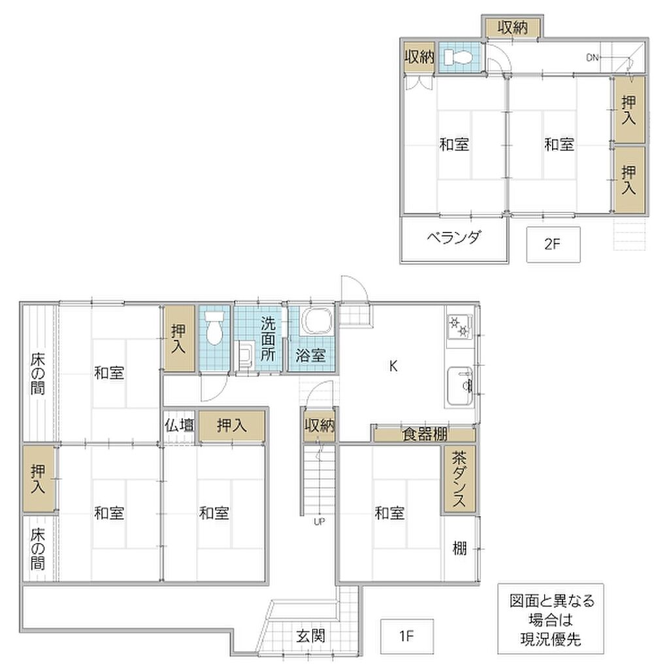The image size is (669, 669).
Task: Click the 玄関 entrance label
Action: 310,636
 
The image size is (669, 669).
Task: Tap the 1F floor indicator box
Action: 406,636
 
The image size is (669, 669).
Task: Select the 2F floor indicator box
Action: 553,244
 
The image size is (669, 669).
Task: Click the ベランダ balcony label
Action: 454,237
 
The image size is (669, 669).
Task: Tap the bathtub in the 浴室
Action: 317,321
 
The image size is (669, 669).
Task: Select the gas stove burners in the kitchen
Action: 459,327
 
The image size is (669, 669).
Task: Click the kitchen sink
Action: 459,386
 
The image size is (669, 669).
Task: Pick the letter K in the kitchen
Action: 393,366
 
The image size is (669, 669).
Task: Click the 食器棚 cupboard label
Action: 425,434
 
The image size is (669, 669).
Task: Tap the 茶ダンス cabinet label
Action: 459,479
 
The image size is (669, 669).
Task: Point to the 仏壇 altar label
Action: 180,425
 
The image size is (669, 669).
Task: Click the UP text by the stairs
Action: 319,521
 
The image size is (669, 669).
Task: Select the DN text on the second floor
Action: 592,57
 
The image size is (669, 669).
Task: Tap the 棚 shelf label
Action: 459,548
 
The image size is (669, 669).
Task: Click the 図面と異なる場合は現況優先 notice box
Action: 550,619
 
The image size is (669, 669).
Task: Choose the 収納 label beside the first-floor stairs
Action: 319,425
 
